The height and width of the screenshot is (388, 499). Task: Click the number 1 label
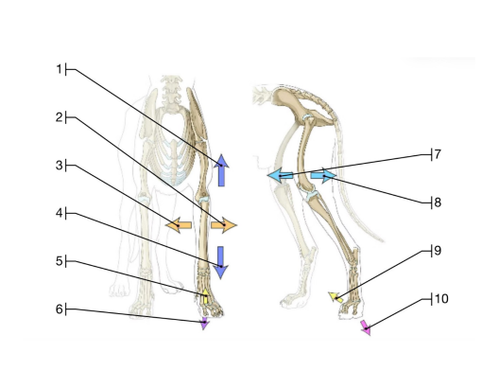pos(59,69)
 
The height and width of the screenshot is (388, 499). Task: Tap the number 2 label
pos(60,117)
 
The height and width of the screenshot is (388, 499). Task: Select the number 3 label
pos(60,166)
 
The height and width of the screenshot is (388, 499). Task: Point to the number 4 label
pos(60,213)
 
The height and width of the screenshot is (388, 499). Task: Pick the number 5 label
pos(60,261)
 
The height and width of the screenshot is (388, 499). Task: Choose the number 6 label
pos(60,309)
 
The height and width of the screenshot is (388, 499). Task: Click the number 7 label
pos(438,154)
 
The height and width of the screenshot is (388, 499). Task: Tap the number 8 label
pos(438,203)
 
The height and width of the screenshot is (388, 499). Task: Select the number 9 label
pos(438,251)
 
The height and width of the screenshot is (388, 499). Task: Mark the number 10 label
pos(441,299)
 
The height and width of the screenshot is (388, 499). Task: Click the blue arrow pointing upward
pos(221,170)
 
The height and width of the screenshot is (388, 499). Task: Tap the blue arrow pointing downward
pos(220,262)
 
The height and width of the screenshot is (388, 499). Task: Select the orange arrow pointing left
pos(179,225)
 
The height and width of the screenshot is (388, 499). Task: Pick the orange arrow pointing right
pos(224,225)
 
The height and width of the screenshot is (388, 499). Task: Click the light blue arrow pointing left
pos(280,175)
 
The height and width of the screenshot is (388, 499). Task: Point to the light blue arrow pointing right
pos(323,175)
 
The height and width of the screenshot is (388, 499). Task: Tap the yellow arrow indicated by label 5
pos(206,296)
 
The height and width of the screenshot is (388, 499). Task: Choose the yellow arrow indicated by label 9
pos(336,297)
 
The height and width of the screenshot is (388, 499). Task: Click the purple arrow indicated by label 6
pos(205,324)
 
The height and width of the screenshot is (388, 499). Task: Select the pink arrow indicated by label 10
pos(366,328)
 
